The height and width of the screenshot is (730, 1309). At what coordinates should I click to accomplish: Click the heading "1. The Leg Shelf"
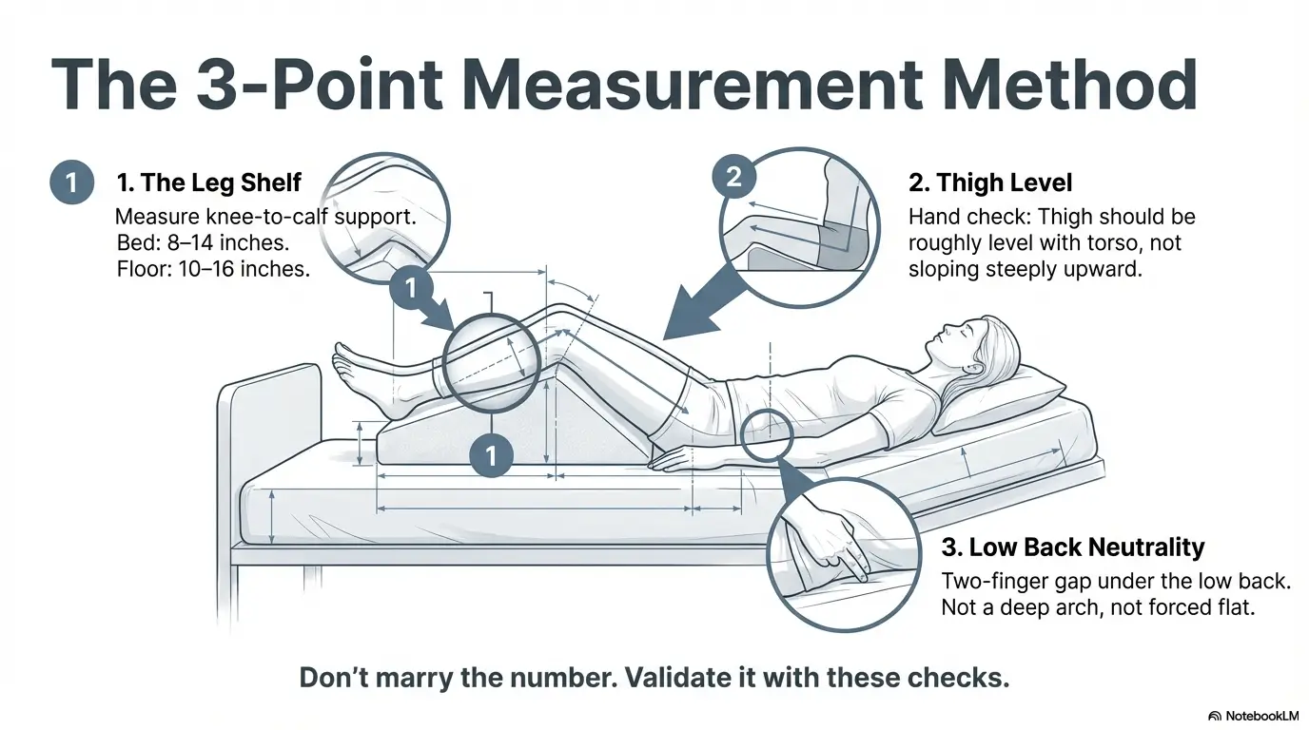pos(208,182)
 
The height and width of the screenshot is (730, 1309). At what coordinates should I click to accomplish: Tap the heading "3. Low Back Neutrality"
pos(1072,547)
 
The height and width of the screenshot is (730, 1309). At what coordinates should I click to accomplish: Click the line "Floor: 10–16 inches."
pos(212,268)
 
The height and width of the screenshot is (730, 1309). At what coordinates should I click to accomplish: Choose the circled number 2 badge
pos(733,176)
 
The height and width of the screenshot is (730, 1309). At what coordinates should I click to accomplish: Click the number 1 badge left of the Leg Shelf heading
pos(71,182)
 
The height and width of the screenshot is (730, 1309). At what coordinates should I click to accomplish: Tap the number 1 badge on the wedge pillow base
pos(492,455)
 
